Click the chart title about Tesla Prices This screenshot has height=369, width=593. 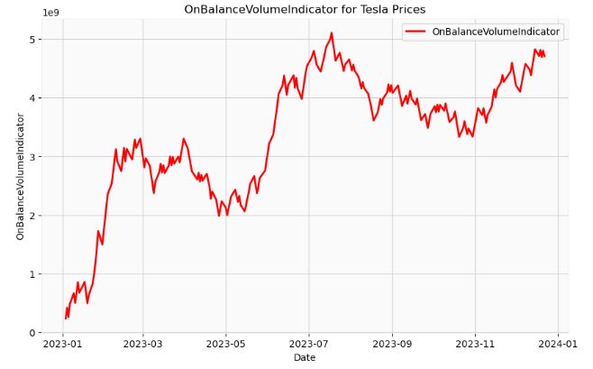click(x=305, y=10)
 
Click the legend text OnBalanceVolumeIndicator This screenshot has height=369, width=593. click(x=496, y=32)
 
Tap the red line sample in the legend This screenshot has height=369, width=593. click(x=415, y=32)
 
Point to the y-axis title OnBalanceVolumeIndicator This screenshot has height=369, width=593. click(x=21, y=177)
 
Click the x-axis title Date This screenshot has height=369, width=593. click(x=305, y=358)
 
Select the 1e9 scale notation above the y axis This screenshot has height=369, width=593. click(x=51, y=13)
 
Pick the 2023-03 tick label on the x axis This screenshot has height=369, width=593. click(x=142, y=344)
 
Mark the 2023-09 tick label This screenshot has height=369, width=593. click(x=394, y=344)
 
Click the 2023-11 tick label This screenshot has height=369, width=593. click(x=475, y=344)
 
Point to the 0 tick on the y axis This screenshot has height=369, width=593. click(x=33, y=333)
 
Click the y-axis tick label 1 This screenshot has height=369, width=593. click(x=33, y=274)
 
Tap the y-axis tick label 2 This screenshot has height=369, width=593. click(x=33, y=216)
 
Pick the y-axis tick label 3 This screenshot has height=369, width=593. click(x=33, y=157)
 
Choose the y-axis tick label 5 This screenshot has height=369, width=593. click(x=33, y=40)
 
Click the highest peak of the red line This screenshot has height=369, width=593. click(x=331, y=33)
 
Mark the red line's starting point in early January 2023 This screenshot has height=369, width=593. click(x=65, y=318)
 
